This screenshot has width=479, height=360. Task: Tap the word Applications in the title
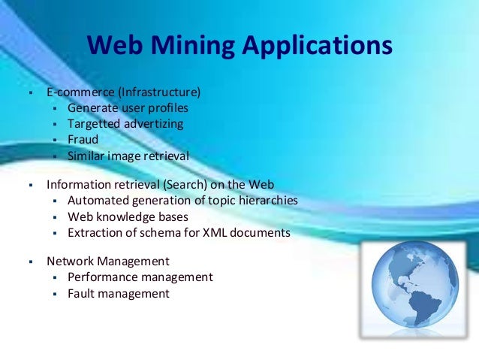[318, 46]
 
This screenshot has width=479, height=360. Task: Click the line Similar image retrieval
[128, 156]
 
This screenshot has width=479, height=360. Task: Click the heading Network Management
[107, 262]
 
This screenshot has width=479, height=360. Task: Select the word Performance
[101, 277]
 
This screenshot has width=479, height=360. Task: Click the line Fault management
[118, 293]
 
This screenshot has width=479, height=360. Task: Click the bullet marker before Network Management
[30, 262]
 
